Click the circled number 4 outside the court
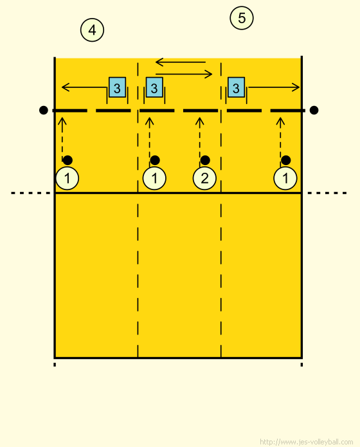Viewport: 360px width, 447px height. [92, 30]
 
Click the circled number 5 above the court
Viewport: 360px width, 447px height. [242, 18]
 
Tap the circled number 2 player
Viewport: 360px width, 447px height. [204, 179]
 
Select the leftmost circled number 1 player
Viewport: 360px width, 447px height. [67, 179]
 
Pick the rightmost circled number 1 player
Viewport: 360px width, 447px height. [285, 179]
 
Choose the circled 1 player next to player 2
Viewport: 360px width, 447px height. [154, 179]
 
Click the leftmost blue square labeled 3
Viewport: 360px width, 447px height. [117, 87]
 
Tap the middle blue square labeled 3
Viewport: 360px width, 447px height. [154, 87]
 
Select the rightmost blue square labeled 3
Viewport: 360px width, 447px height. [236, 87]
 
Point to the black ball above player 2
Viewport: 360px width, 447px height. [205, 160]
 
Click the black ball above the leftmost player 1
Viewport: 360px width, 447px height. [67, 160]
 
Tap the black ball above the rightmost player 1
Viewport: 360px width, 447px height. [286, 160]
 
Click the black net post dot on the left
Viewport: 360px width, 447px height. [43, 110]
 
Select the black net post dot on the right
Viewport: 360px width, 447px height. [314, 110]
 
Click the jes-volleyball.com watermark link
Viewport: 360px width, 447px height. [307, 442]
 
